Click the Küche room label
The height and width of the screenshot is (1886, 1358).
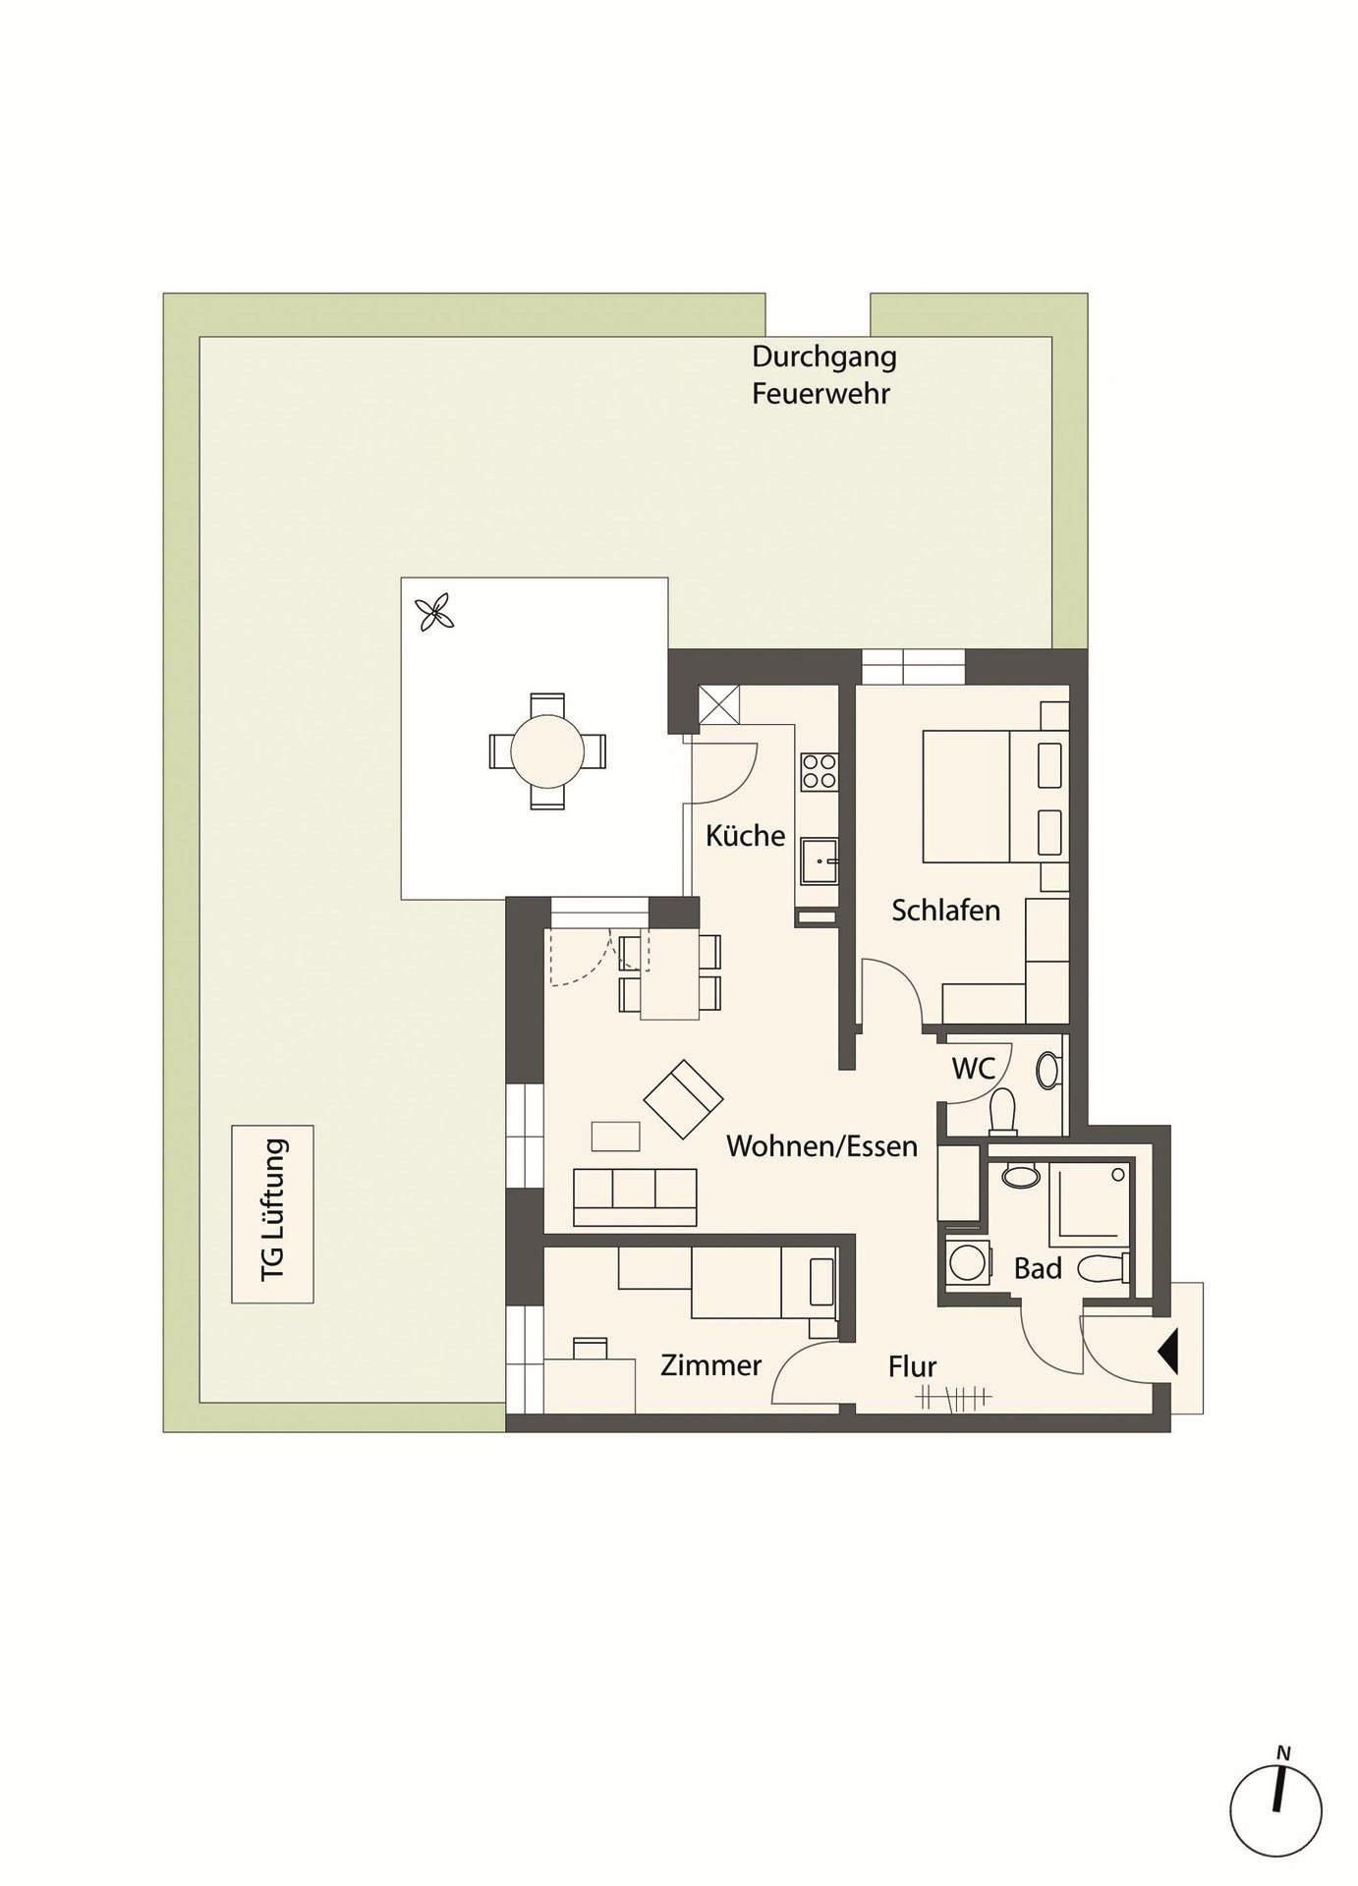click(x=745, y=836)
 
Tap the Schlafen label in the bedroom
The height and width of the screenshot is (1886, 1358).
click(x=945, y=911)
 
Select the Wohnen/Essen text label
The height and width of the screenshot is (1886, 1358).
click(x=821, y=1146)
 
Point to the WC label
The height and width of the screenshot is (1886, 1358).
click(x=973, y=1068)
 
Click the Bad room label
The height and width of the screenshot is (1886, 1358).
click(x=1038, y=1269)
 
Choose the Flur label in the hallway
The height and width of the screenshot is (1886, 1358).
click(x=912, y=1366)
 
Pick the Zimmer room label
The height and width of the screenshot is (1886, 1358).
click(x=710, y=1365)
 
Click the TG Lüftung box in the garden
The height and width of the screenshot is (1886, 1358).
click(x=272, y=1214)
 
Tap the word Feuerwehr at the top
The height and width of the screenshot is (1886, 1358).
click(x=820, y=394)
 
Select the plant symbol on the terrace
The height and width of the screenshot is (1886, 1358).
click(x=434, y=615)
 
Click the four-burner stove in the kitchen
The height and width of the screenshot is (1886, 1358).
click(x=819, y=772)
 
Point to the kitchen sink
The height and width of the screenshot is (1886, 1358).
click(x=819, y=861)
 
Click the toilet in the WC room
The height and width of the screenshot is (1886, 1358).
click(x=1002, y=1112)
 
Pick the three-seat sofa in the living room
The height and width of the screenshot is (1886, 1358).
click(x=635, y=1197)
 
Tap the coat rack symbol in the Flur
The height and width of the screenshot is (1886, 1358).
click(x=953, y=1396)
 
